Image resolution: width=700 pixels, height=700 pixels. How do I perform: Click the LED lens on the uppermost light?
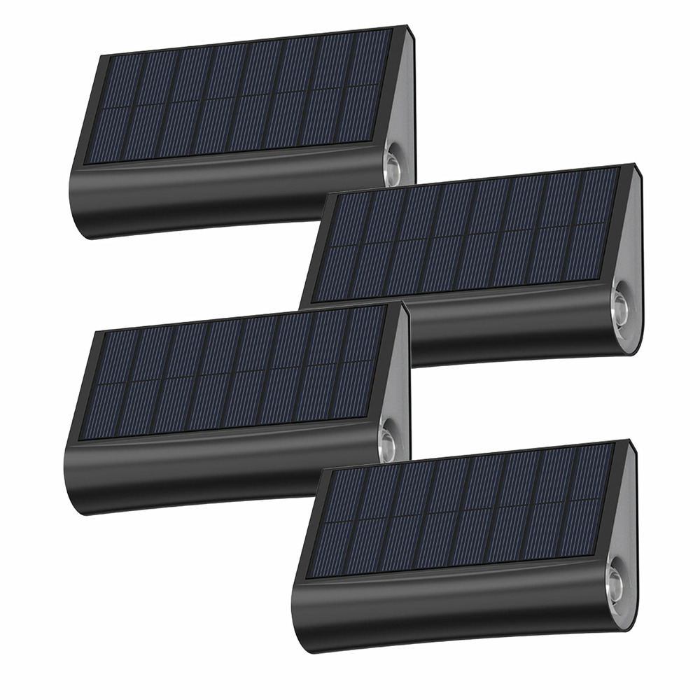(393, 167)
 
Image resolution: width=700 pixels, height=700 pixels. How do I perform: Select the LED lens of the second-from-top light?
(619, 305)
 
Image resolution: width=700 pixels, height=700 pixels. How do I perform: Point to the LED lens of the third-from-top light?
(388, 442)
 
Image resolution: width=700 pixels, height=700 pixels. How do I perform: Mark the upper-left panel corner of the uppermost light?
(104, 56)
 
